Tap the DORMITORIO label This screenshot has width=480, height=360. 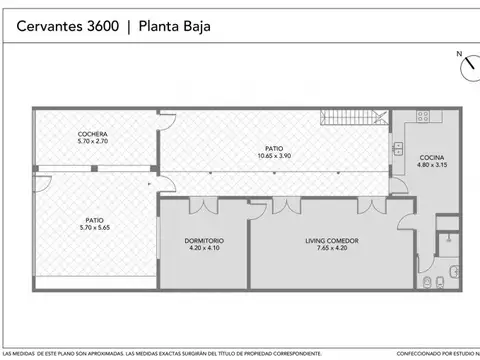click(x=203, y=241)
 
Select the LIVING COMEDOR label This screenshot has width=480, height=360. click(x=332, y=241)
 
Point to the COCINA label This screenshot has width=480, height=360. click(x=432, y=158)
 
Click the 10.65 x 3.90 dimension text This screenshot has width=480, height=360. click(x=272, y=156)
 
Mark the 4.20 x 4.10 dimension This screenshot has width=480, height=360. click(x=203, y=249)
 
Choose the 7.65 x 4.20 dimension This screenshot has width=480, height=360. click(x=332, y=249)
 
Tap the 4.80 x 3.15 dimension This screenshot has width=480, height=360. click(x=432, y=166)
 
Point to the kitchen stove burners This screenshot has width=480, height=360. click(x=424, y=116)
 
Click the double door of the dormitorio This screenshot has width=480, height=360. click(x=204, y=206)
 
